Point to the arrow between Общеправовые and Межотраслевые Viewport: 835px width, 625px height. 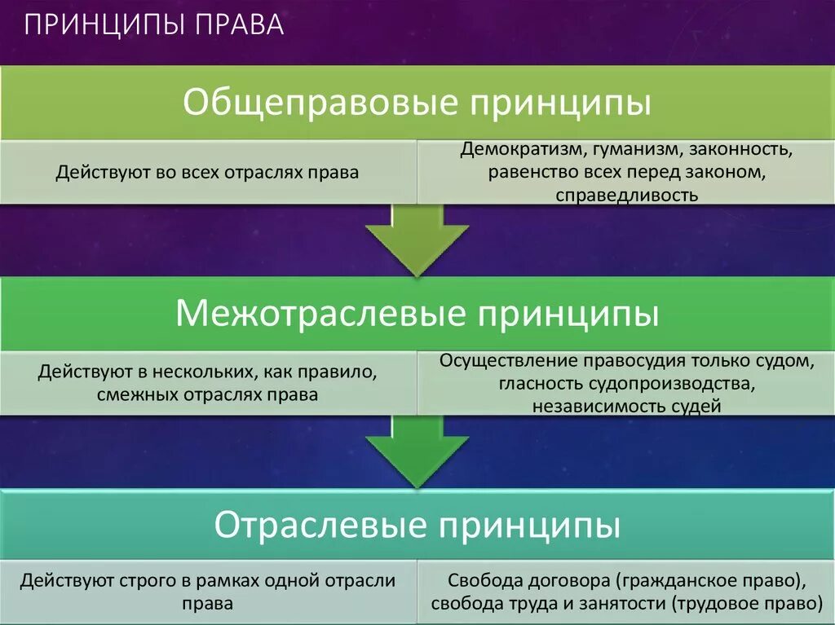[x=417, y=240]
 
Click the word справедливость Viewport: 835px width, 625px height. [x=627, y=196]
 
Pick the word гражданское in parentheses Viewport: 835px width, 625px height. [x=670, y=582]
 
